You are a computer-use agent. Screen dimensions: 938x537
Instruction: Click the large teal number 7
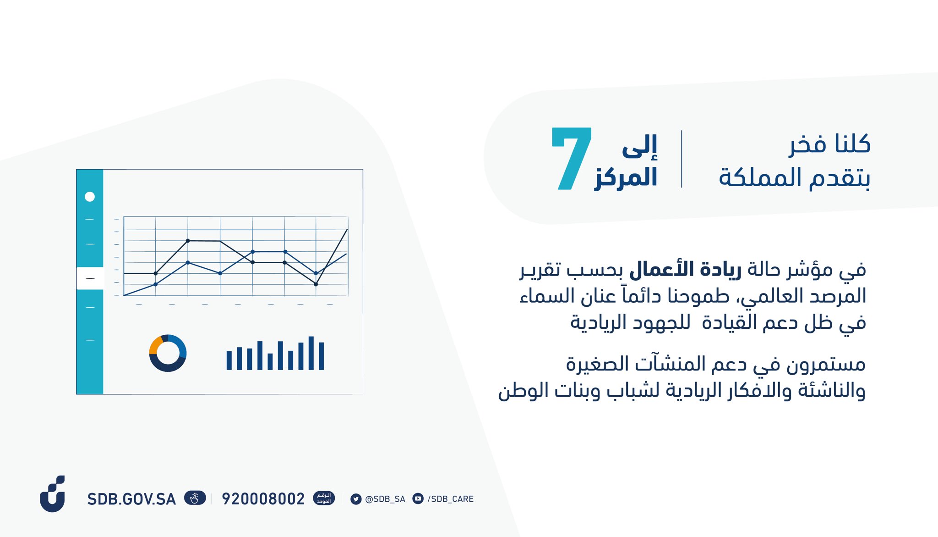click(x=572, y=158)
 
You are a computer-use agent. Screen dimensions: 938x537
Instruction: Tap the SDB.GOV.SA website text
click(x=131, y=499)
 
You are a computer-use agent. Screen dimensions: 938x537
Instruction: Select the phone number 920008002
click(x=263, y=499)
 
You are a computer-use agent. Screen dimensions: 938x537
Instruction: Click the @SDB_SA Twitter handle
click(x=385, y=499)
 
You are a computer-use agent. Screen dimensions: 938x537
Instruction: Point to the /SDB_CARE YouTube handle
click(x=451, y=499)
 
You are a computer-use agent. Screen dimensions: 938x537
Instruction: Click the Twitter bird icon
click(x=356, y=499)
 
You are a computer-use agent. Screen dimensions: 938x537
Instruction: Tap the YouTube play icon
click(x=418, y=498)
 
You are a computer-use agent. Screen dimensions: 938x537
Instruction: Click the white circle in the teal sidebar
click(x=90, y=197)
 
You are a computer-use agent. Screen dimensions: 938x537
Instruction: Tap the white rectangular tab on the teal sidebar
click(x=90, y=278)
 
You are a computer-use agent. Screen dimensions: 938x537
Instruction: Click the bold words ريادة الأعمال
click(x=685, y=269)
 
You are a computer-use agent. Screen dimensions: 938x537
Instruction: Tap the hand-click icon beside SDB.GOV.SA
click(x=195, y=498)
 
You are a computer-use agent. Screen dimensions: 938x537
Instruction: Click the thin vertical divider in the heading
click(x=682, y=159)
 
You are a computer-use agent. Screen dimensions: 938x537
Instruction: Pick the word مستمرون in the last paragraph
click(x=826, y=365)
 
